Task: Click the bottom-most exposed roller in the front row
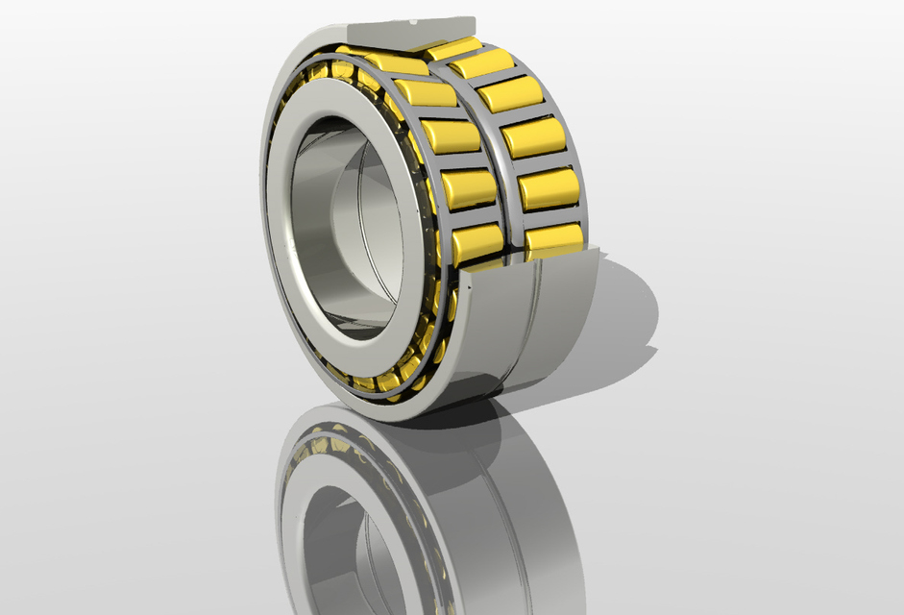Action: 477,244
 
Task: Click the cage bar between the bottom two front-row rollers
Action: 473,217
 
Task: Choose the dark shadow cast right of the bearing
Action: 624,317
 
